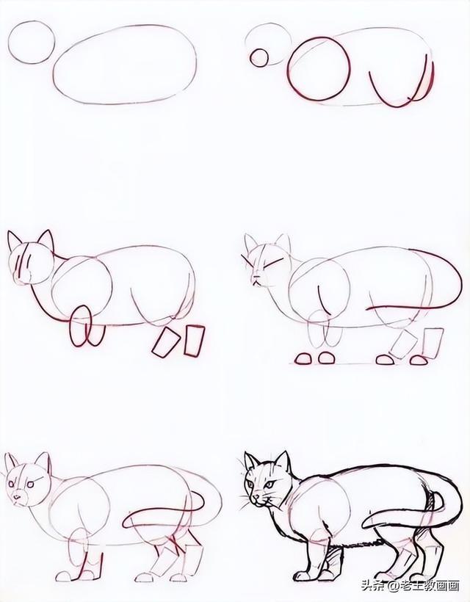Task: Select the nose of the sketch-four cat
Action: [x=255, y=278]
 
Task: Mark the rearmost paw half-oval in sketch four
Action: [x=419, y=360]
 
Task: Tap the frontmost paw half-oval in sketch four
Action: [x=304, y=359]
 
